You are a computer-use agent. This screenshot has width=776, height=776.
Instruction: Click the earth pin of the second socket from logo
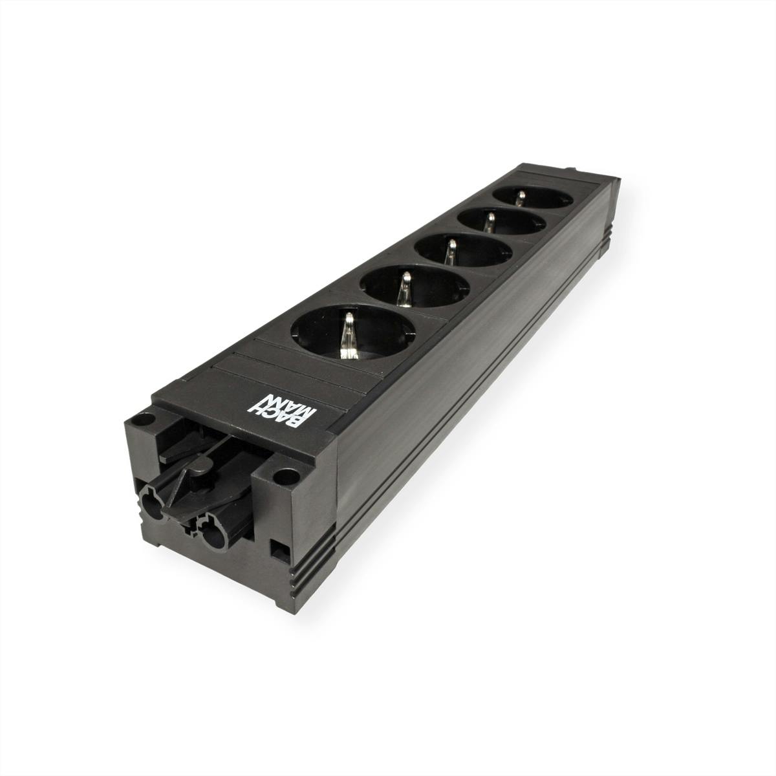pyautogui.click(x=405, y=287)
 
